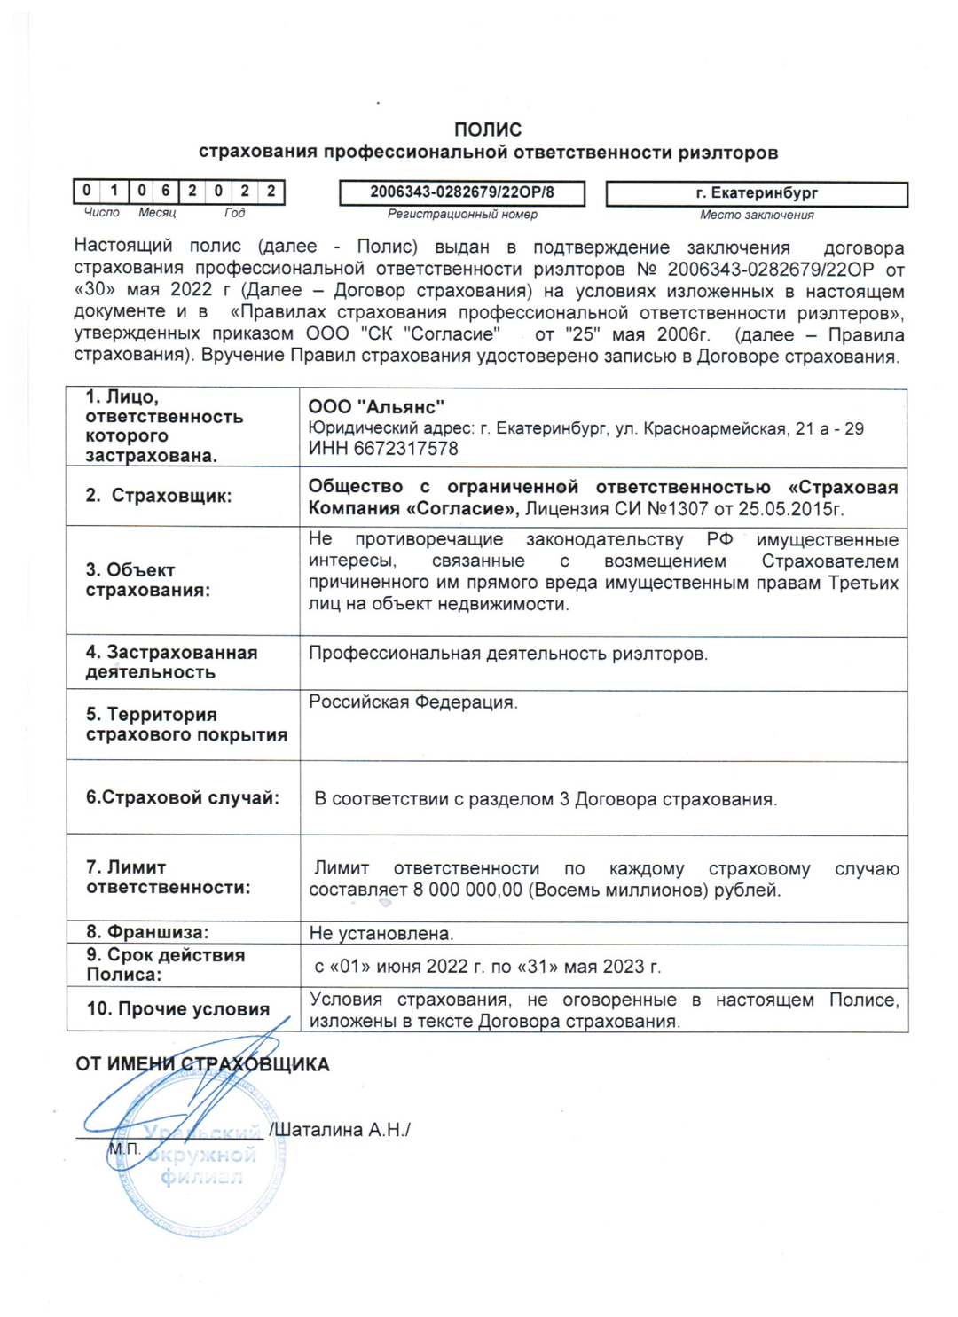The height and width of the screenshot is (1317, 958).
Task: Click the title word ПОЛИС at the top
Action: point(487,129)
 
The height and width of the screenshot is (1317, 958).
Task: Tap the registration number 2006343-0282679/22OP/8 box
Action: point(461,192)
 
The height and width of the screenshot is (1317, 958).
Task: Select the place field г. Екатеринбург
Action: point(757,193)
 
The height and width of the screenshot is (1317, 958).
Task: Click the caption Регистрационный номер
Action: point(462,214)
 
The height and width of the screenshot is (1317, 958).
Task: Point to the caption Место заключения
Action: point(757,215)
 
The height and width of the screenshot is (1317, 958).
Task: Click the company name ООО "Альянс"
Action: point(376,407)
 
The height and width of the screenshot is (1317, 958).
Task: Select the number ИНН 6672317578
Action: point(383,449)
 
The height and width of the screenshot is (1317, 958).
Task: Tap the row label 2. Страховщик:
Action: point(159,496)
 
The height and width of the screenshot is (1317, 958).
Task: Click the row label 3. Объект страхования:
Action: point(148,580)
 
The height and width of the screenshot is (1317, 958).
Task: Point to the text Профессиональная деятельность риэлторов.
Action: point(508,655)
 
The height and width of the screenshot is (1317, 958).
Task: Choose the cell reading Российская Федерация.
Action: point(413,702)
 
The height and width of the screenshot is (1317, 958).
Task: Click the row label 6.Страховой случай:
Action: point(183,797)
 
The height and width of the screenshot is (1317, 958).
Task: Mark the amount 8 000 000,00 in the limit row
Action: point(467,890)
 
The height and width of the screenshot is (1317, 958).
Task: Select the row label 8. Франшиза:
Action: point(147,932)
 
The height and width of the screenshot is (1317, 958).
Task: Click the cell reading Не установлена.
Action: point(381,933)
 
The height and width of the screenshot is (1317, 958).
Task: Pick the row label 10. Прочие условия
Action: point(177,1009)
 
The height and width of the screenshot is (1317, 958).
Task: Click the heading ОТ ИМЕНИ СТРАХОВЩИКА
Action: point(202,1064)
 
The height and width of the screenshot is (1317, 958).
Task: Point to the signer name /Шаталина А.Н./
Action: point(340,1130)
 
